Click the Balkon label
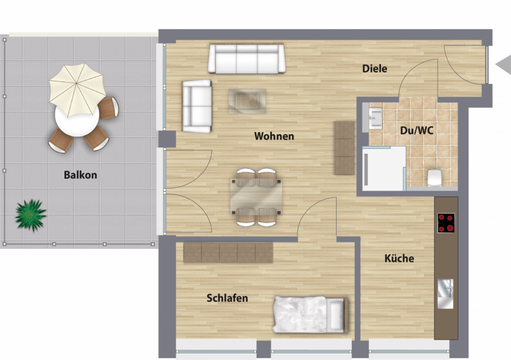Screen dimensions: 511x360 [80, 175]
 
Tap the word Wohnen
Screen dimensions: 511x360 [274, 136]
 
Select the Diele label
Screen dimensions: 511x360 [375, 69]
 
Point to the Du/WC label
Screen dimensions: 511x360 [417, 131]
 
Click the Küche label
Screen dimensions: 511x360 [399, 258]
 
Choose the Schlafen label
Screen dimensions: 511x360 [227, 298]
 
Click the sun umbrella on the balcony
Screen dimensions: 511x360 [77, 90]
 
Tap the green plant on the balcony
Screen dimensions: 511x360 [31, 216]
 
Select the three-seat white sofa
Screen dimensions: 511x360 [247, 59]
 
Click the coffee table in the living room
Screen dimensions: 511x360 [247, 101]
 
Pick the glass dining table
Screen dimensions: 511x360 [256, 197]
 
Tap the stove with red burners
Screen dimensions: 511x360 [446, 223]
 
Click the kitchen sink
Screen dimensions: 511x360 [446, 294]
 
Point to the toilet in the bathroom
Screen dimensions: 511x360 [434, 178]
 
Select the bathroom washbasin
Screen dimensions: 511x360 [376, 117]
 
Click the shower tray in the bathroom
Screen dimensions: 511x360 [384, 169]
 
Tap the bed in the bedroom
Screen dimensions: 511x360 [311, 314]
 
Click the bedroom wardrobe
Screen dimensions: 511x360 [228, 252]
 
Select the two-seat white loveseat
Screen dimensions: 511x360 [197, 106]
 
